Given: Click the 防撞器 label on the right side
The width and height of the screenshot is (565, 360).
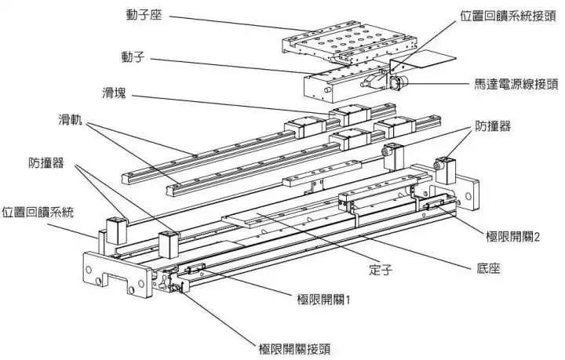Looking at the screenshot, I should click(x=496, y=125).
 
